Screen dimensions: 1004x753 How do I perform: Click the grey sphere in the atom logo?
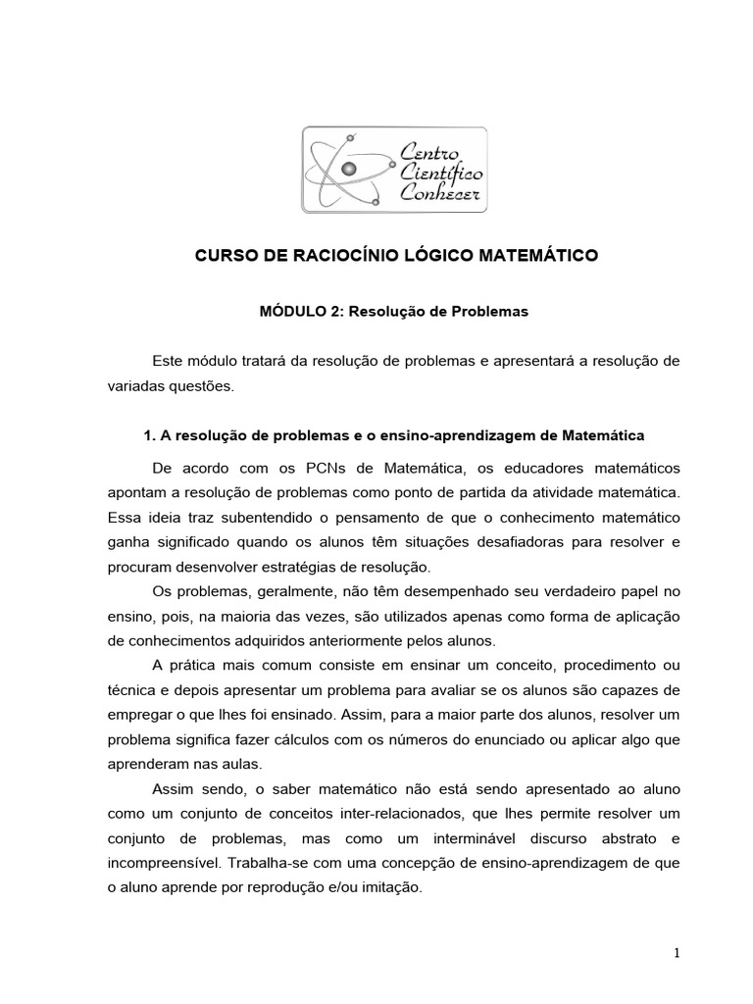tap(348, 171)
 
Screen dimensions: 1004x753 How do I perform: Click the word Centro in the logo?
tap(434, 150)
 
